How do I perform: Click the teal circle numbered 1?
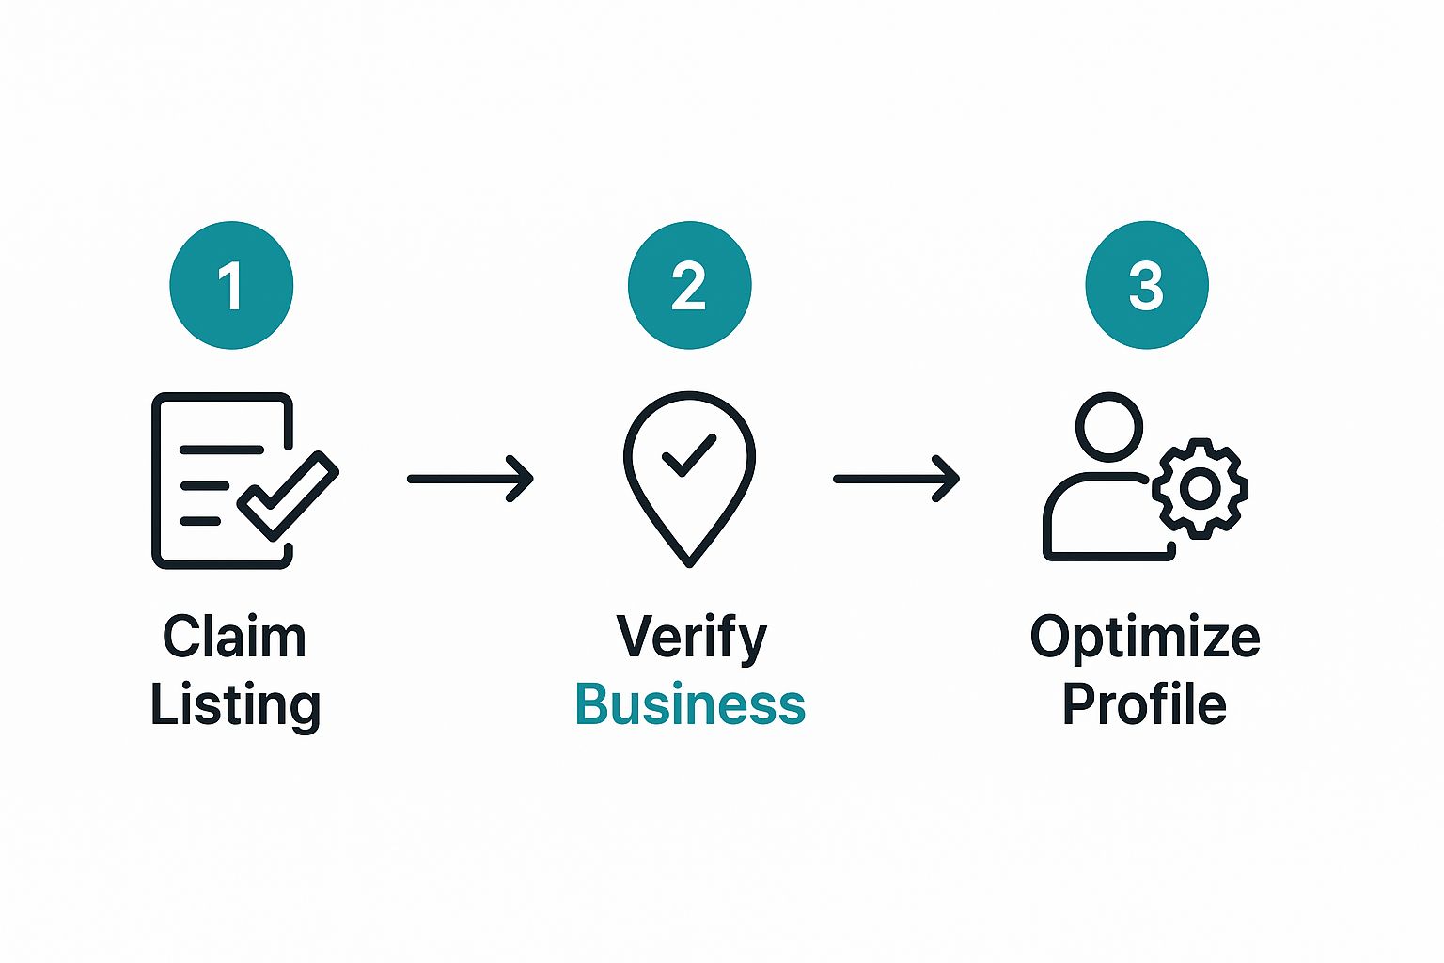point(231,285)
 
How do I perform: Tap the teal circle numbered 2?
point(689,285)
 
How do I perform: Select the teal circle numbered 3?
point(1147,285)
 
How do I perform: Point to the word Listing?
point(235,706)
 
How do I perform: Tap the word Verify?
point(691,639)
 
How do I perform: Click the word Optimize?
point(1145,639)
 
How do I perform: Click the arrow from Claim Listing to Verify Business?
point(470,479)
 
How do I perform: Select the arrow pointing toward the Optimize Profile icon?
point(896,479)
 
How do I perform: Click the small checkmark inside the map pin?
point(689,455)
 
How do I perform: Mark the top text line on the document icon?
point(222,450)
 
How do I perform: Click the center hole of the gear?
point(1200,489)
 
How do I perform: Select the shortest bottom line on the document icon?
point(200,521)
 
